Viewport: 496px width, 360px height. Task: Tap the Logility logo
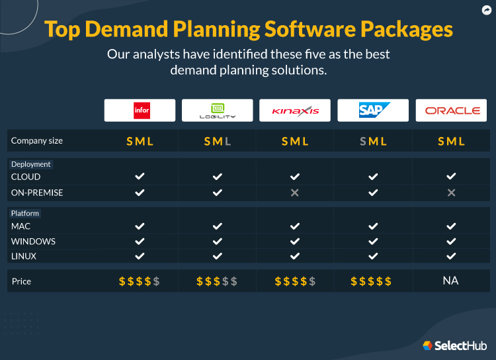[217, 111]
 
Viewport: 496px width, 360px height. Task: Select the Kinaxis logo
[295, 111]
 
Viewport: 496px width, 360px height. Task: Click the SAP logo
[373, 111]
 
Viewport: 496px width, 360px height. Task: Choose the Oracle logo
[451, 111]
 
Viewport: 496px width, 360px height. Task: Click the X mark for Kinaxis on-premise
[295, 193]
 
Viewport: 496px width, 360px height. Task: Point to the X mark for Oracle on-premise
[451, 193]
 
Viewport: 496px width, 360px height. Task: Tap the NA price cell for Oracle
[451, 281]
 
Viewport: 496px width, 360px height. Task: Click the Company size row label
[37, 141]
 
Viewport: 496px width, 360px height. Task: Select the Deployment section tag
[31, 164]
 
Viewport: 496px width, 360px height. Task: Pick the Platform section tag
[26, 213]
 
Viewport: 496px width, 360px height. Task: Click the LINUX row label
[24, 256]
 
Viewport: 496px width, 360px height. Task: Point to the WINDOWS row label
[33, 242]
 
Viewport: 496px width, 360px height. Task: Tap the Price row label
[21, 281]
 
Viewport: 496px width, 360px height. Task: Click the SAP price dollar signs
[371, 281]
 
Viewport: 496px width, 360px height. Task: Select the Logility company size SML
[217, 141]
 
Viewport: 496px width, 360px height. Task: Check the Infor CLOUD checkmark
[140, 177]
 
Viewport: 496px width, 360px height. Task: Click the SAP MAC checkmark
[373, 226]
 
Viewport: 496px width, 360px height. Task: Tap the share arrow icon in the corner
[485, 10]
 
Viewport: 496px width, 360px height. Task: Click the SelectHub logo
[454, 345]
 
